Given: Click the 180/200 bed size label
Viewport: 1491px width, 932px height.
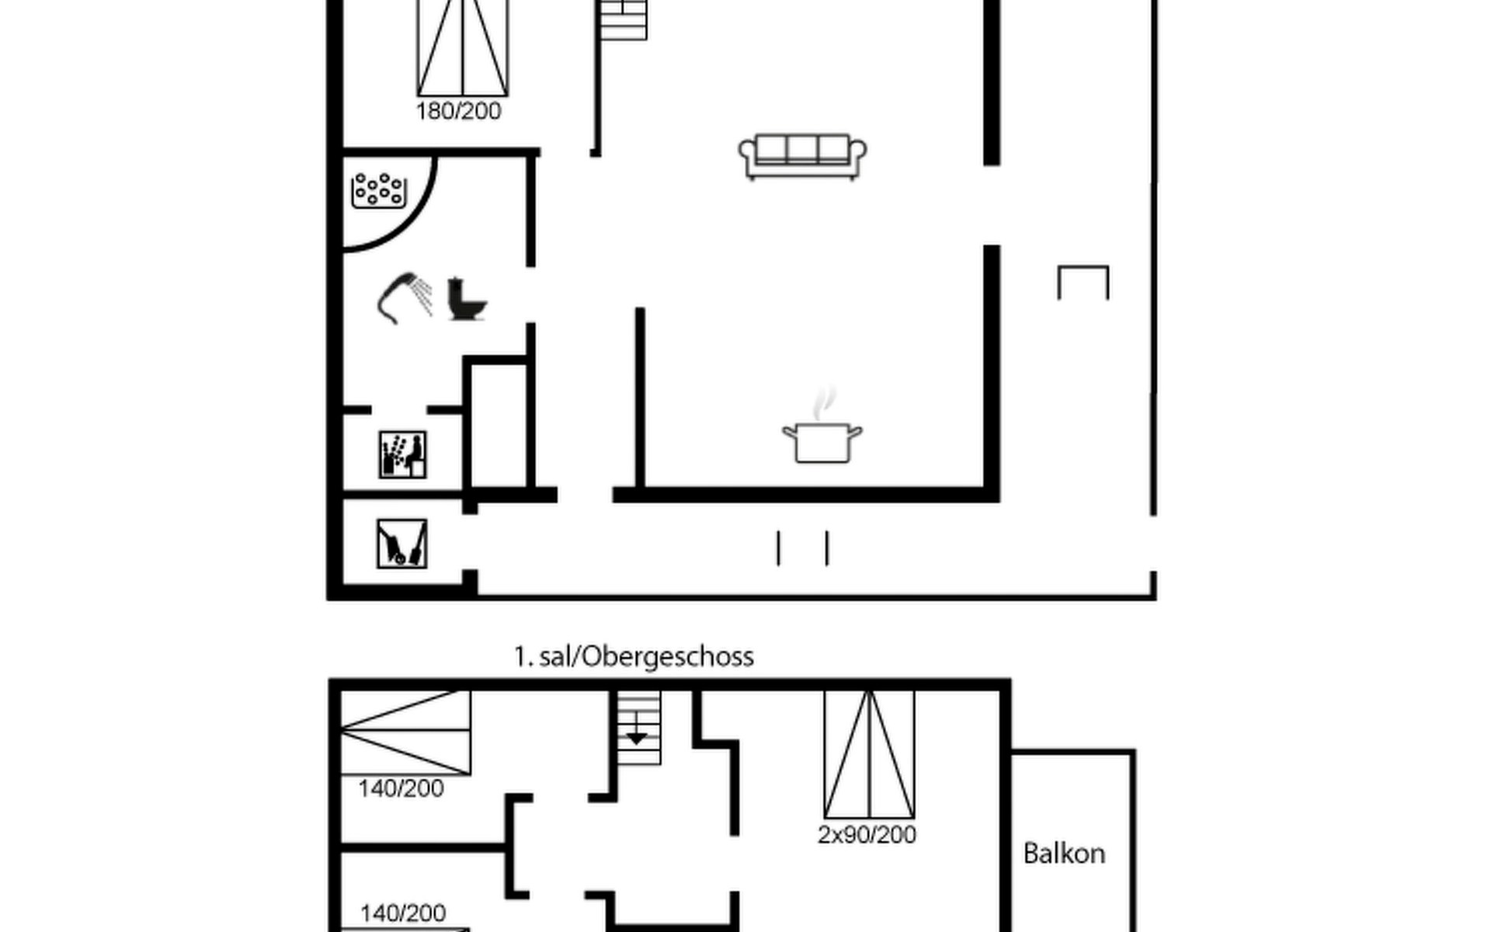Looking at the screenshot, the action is (458, 111).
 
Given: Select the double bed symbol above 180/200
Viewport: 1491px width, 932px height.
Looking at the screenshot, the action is (463, 48).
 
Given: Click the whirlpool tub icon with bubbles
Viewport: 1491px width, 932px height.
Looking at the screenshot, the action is (379, 190).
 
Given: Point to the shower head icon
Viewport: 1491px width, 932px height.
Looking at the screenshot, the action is (405, 297).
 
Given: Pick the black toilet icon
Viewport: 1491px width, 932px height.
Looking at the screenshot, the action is (467, 299).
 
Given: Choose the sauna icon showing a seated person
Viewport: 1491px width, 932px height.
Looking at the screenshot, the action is (402, 454).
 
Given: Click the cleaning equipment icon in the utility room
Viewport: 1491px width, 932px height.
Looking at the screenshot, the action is (401, 544).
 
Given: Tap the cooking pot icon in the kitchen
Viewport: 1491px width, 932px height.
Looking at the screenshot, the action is (822, 443).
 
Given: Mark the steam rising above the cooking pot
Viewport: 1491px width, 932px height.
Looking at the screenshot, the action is (823, 404).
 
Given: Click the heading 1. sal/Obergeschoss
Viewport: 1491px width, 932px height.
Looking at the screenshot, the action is (634, 657).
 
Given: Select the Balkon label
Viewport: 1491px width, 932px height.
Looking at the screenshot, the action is (1064, 854).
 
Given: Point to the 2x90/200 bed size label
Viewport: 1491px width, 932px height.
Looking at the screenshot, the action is (867, 835).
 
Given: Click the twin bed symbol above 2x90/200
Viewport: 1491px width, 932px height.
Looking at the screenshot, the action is (869, 754).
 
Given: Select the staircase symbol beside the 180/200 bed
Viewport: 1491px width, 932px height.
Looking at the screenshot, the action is (624, 19).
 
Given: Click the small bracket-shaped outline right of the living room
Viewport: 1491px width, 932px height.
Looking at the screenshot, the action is (1083, 270).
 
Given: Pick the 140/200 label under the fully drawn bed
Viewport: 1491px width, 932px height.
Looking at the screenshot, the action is (401, 789).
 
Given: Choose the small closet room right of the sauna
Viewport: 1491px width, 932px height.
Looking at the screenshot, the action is (497, 423).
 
